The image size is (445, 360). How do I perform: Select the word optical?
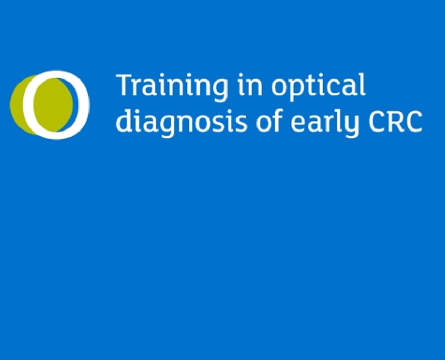click(x=318, y=86)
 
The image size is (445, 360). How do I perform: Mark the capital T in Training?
click(x=124, y=85)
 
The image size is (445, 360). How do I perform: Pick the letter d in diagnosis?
click(x=123, y=120)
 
